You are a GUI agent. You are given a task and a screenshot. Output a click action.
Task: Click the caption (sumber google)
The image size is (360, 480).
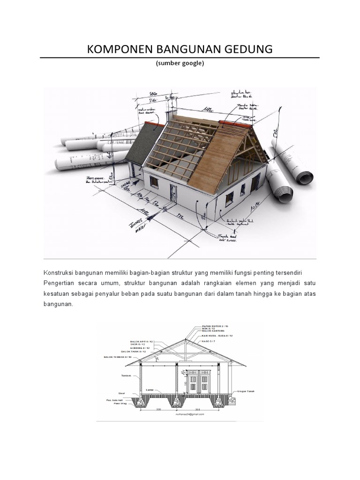click(x=180, y=64)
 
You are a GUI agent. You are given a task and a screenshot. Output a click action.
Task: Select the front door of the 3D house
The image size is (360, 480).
click(x=173, y=193)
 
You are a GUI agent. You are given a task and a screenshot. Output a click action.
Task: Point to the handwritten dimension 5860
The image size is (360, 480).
click(x=150, y=94)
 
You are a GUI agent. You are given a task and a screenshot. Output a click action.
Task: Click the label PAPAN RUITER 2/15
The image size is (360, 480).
click(x=215, y=325)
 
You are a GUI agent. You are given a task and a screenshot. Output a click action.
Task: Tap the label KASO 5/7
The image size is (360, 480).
click(x=209, y=342)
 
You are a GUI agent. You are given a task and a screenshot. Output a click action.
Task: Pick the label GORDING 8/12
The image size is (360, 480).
click(x=140, y=348)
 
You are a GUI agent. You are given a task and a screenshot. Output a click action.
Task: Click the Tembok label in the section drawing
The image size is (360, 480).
click(x=126, y=375)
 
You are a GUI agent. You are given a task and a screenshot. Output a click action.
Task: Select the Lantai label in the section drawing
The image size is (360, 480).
click(x=150, y=390)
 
